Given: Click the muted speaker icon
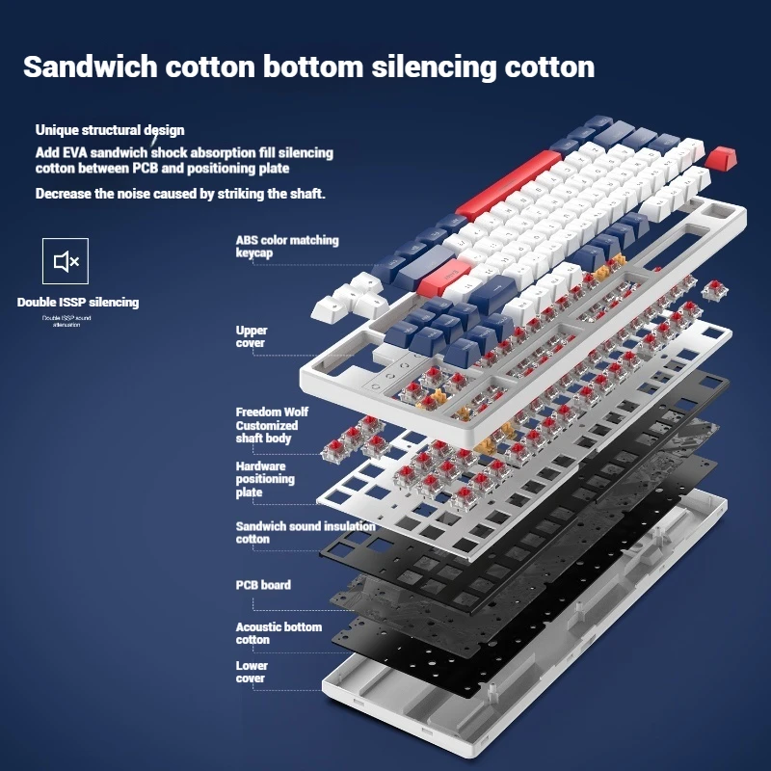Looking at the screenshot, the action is coord(66,261).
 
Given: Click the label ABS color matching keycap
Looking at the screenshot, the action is coord(286,246).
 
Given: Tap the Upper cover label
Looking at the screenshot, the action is coord(251,336).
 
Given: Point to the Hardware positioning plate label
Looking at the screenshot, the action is coord(265,479).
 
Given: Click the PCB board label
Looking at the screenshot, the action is coord(263,585).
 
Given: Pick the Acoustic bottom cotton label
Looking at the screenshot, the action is coord(278,632).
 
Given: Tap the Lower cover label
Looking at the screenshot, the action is coord(252,672).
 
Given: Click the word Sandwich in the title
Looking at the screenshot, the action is coord(90,67).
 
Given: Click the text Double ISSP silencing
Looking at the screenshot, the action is coord(78,303).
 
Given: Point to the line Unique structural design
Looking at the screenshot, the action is coord(110,130).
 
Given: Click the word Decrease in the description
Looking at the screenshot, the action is coord(65,194).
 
